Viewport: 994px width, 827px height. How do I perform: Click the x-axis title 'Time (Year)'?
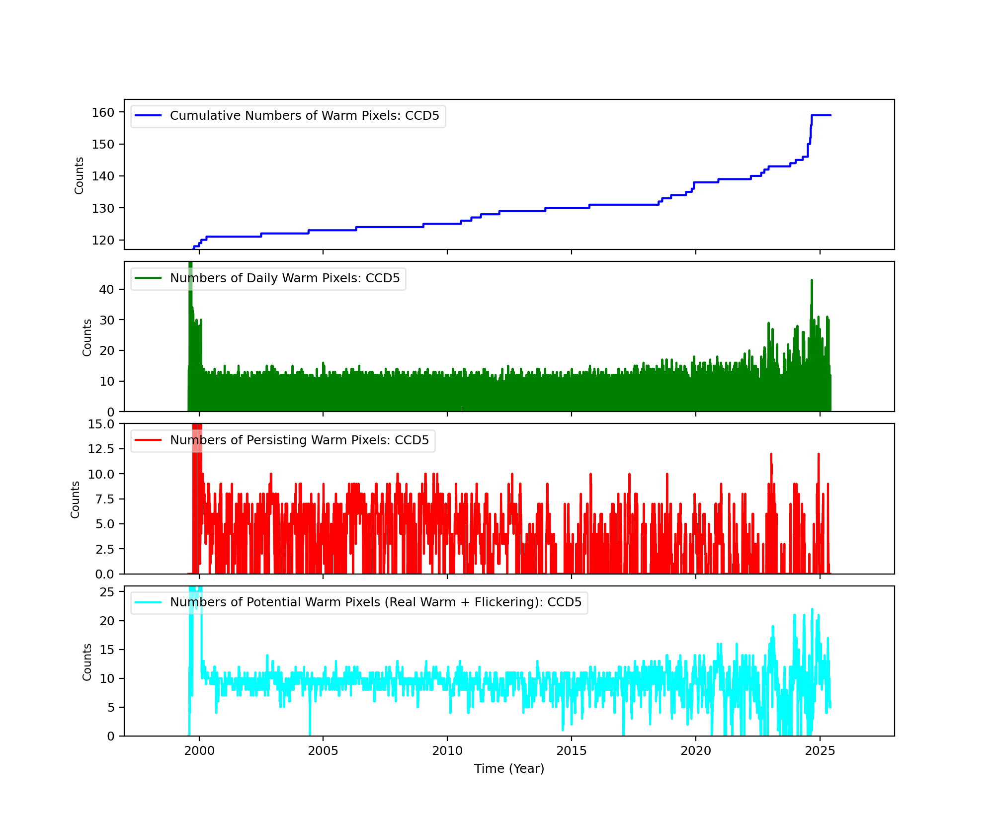click(509, 769)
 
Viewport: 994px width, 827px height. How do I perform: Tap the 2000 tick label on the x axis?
click(199, 750)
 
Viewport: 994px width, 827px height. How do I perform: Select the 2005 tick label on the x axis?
click(323, 750)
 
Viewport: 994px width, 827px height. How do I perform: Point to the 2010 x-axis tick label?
click(447, 750)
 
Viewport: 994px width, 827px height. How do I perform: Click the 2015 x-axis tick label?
click(572, 750)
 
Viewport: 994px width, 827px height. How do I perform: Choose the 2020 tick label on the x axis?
click(696, 750)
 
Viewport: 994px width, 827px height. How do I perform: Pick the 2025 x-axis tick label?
click(820, 750)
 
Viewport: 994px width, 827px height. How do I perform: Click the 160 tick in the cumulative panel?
click(103, 112)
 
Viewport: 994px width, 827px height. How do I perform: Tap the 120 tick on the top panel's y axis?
click(103, 240)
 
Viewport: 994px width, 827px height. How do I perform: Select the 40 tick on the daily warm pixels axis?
click(107, 289)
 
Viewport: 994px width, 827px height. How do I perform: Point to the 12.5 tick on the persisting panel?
click(101, 449)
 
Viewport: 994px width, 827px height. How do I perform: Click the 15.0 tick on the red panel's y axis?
click(101, 424)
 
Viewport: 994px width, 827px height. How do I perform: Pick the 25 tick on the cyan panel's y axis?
click(107, 592)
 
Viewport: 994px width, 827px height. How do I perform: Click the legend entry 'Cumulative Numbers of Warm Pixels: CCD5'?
click(304, 116)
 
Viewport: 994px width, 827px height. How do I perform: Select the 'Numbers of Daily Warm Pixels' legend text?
click(284, 278)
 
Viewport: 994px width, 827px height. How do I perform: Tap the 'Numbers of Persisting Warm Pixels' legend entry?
click(299, 440)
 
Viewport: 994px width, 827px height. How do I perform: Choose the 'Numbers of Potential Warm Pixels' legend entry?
click(375, 602)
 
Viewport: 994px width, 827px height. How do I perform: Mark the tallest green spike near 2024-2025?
click(812, 281)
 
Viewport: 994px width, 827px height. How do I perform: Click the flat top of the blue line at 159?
click(821, 115)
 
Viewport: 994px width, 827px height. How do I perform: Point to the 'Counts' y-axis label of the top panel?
click(79, 175)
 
